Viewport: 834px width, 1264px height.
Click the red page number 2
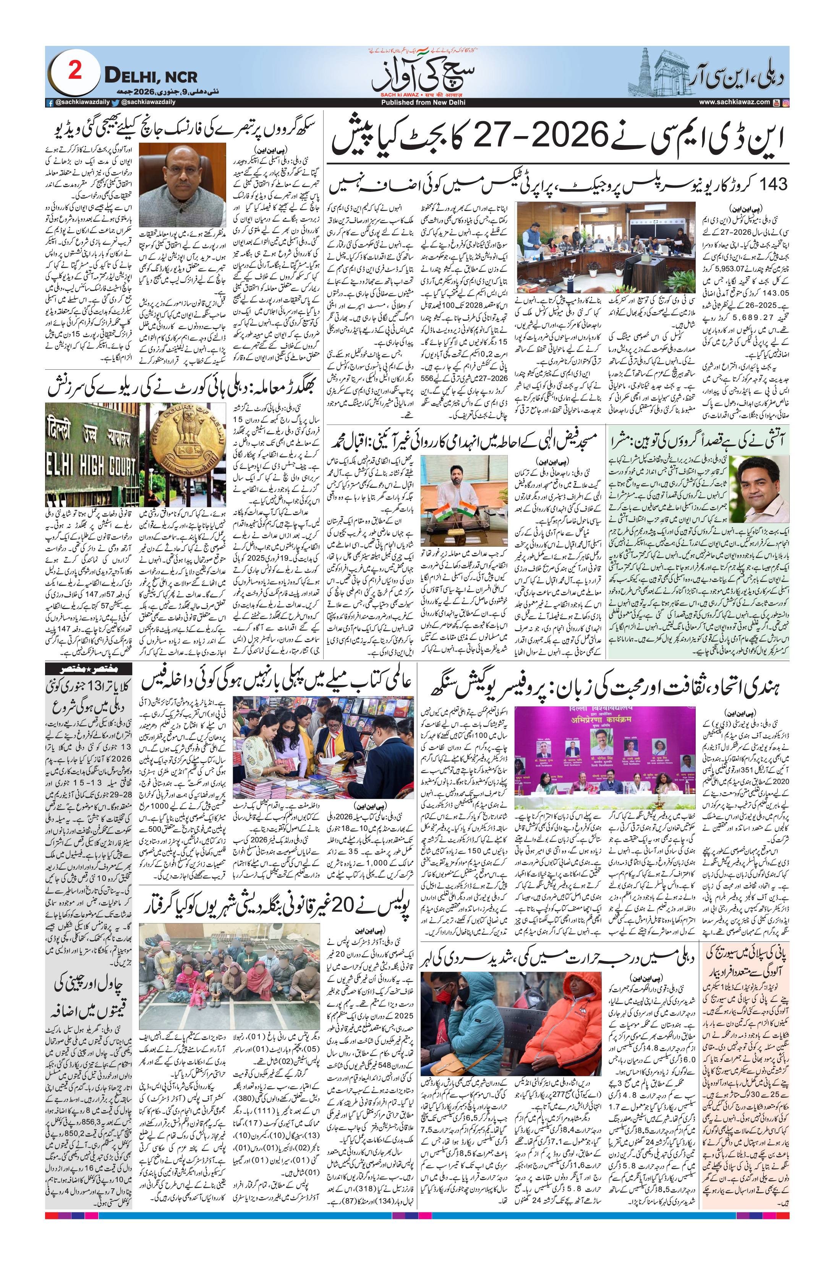tap(75, 71)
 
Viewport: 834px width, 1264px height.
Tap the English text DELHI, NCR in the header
tap(151, 76)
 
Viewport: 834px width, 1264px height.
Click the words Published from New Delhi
tap(415, 102)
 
